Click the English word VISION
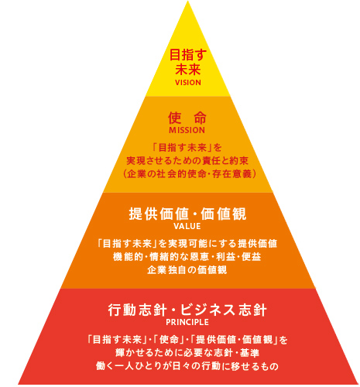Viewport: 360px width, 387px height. coord(188,83)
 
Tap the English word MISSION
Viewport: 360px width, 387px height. coord(187,130)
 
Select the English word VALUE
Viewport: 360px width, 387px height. coord(187,226)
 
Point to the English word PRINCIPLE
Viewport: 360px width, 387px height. coord(187,322)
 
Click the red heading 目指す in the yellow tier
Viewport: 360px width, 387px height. coord(188,55)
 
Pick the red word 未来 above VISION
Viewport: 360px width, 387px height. coord(188,69)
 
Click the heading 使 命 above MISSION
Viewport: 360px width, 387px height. coord(187,118)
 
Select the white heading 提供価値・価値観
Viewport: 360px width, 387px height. coord(187,214)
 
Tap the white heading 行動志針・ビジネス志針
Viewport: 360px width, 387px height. coord(187,310)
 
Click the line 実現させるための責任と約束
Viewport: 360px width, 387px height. coord(187,161)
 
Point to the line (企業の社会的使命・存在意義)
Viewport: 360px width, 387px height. coord(190,174)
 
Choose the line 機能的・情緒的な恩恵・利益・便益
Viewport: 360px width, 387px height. coord(187,257)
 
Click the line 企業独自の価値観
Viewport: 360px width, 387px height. coord(187,270)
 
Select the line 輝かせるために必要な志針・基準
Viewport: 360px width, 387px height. coord(187,353)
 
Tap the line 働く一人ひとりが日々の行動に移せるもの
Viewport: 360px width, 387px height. coord(187,366)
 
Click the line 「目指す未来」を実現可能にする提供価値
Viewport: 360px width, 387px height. coord(187,244)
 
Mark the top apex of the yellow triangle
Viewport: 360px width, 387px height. coord(187,1)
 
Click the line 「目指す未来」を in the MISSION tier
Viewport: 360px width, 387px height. coord(187,148)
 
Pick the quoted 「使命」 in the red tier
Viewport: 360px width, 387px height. coord(170,340)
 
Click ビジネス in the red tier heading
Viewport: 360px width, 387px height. coord(207,310)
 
